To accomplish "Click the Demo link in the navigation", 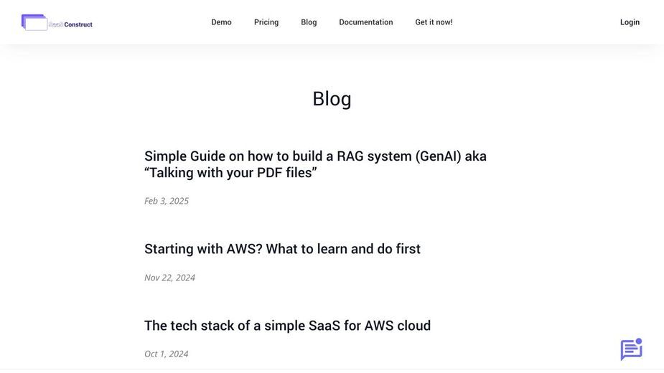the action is pyautogui.click(x=221, y=22).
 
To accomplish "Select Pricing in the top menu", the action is pyautogui.click(x=266, y=22).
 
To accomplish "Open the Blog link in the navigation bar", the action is pyautogui.click(x=309, y=22).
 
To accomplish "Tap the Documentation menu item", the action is pyautogui.click(x=366, y=22).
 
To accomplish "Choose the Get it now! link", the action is pyautogui.click(x=434, y=22).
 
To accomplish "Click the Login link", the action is pyautogui.click(x=630, y=22).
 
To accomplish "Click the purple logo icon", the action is pyautogui.click(x=34, y=22).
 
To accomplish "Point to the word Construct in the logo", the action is pyautogui.click(x=78, y=24).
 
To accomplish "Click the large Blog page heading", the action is pyautogui.click(x=332, y=99).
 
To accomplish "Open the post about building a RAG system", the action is pyautogui.click(x=315, y=164).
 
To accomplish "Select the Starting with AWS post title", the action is pyautogui.click(x=282, y=249).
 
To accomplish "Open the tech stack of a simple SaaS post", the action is pyautogui.click(x=288, y=326).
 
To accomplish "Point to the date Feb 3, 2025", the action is pyautogui.click(x=167, y=201).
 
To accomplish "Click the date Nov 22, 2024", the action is pyautogui.click(x=170, y=278).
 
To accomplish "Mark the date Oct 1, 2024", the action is pyautogui.click(x=167, y=354).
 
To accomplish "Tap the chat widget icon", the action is pyautogui.click(x=632, y=349).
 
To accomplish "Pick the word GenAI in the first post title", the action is pyautogui.click(x=438, y=156).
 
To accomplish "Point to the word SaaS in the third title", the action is pyautogui.click(x=324, y=326).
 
